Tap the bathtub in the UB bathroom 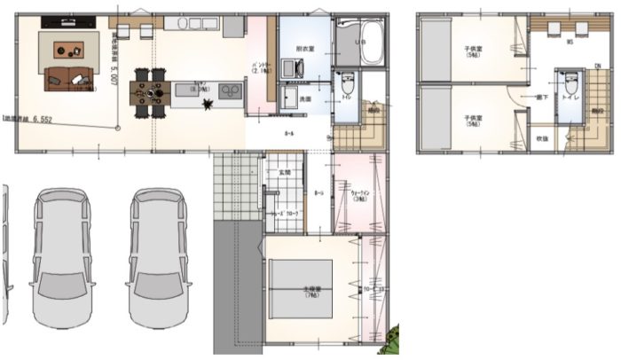pos(367,41)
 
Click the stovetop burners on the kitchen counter pos(229,90)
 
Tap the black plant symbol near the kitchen pos(208,106)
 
